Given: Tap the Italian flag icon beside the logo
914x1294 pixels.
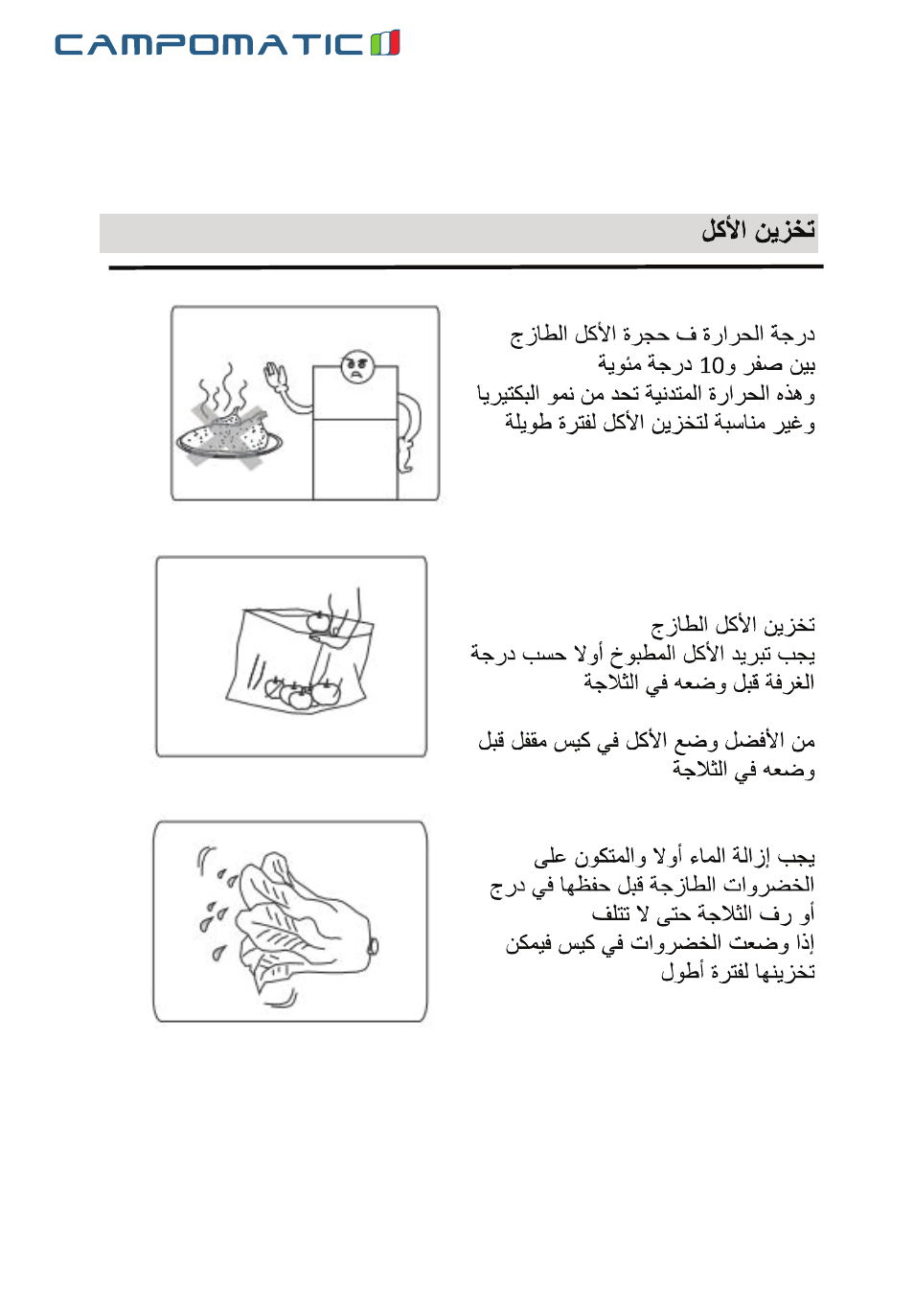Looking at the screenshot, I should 385,43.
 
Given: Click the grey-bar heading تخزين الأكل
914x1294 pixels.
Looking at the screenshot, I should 758,230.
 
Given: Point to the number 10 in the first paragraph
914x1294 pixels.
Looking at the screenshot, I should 711,365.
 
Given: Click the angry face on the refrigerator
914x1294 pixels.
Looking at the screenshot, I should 357,365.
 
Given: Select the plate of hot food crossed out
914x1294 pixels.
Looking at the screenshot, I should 229,436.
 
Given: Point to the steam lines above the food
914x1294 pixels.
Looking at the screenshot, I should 223,388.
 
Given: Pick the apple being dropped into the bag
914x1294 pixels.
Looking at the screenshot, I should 318,622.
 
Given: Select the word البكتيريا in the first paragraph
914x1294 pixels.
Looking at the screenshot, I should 508,394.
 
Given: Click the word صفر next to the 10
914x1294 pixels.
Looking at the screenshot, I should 762,365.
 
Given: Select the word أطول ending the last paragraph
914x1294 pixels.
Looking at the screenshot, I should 681,972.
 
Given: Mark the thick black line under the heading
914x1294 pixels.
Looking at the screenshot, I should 466,266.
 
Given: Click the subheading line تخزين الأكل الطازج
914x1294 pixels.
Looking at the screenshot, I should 733,625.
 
